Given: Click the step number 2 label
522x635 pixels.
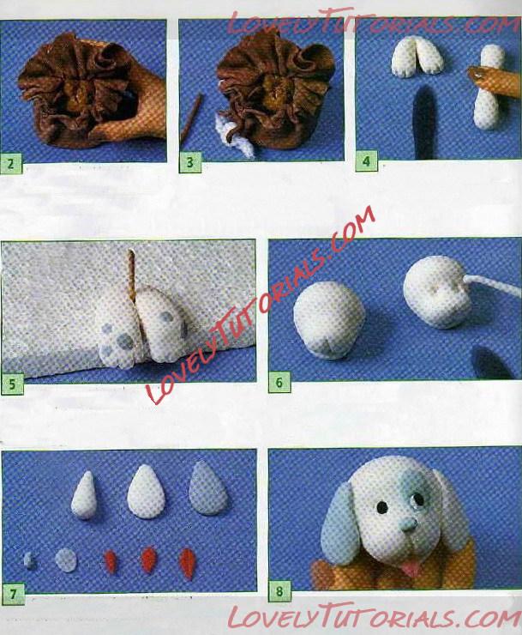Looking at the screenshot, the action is click(x=10, y=164).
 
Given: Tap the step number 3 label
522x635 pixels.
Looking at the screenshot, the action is click(x=189, y=163).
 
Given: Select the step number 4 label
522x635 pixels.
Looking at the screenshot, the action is click(x=366, y=161).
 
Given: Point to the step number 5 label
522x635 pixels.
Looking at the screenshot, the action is click(x=12, y=384).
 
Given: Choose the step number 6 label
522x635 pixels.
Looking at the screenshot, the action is click(x=279, y=383).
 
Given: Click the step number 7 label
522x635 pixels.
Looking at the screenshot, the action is click(x=13, y=595).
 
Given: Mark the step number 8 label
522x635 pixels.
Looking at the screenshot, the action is click(x=279, y=592).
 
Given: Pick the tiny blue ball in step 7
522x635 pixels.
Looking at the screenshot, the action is click(x=29, y=560).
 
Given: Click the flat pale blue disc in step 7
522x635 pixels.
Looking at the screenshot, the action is click(x=65, y=560).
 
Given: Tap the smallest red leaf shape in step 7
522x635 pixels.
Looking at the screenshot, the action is click(x=111, y=561).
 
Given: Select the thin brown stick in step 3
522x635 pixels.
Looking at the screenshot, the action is click(x=190, y=118).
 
